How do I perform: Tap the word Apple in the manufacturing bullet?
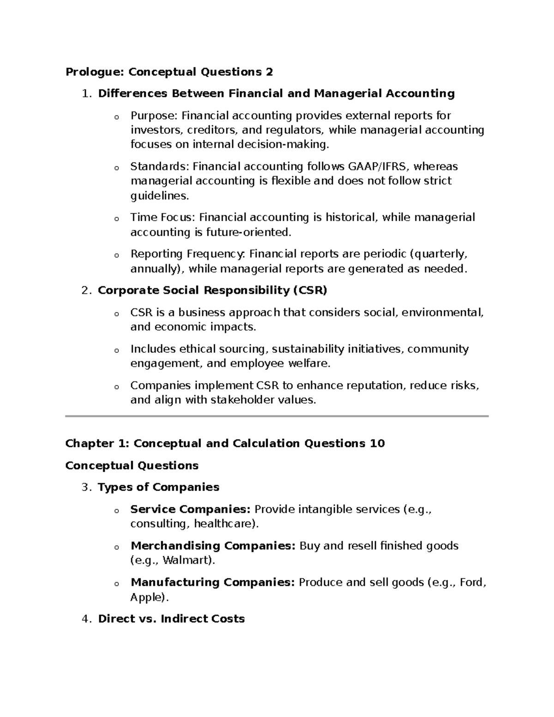[x=147, y=597]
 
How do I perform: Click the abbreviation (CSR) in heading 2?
[x=310, y=290]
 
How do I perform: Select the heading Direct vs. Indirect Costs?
[x=171, y=619]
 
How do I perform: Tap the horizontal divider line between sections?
[x=277, y=416]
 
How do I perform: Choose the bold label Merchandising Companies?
[x=213, y=546]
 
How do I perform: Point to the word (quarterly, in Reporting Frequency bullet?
[x=439, y=254]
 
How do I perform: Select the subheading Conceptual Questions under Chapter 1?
[x=132, y=465]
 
